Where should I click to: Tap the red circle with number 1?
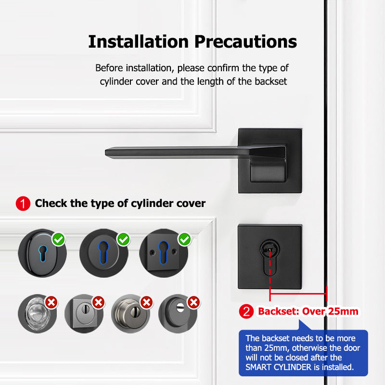(x=23, y=204)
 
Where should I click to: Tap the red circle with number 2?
(x=247, y=311)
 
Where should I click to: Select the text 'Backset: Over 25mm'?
(x=308, y=311)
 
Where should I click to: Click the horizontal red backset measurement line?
(x=298, y=292)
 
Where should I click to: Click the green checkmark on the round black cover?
(x=124, y=239)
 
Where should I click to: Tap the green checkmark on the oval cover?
(x=59, y=239)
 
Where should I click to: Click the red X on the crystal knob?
(x=51, y=302)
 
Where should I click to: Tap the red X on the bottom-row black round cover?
(x=194, y=302)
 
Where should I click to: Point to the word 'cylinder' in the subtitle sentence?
(x=116, y=81)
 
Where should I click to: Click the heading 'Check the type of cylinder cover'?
(x=120, y=204)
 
